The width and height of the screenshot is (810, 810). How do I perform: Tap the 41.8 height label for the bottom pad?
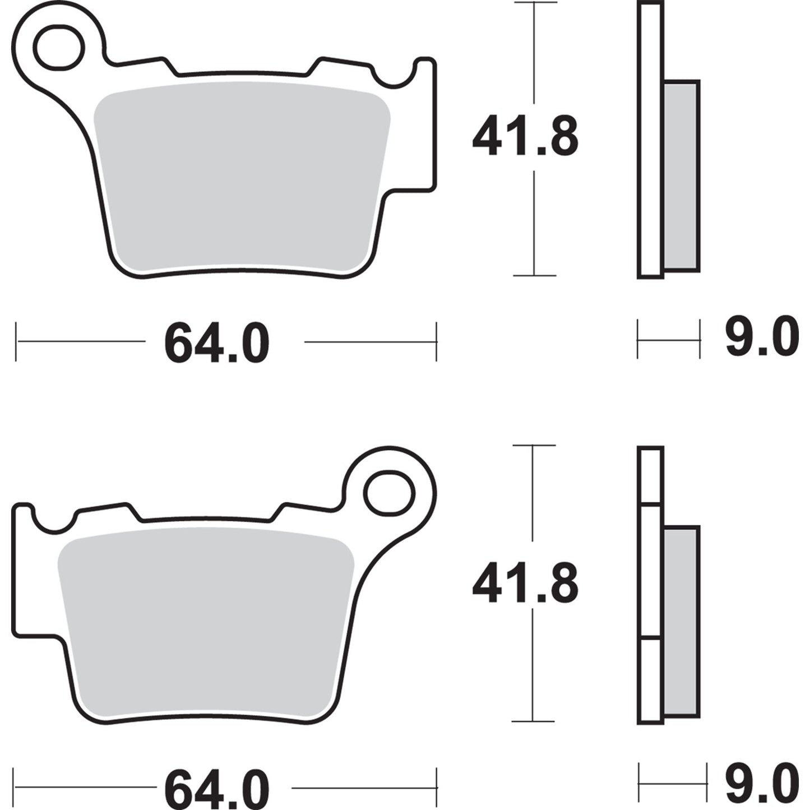coord(525,584)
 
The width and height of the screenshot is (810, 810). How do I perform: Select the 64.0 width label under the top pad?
coord(217,343)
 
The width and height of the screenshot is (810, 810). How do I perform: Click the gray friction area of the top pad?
coord(241,174)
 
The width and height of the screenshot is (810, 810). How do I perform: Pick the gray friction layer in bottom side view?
coord(682,622)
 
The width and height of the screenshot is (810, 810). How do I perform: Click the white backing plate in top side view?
coord(650,140)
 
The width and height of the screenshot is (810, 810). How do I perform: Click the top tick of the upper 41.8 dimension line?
coord(534,3)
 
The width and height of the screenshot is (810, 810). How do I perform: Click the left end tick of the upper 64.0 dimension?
coord(17,341)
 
